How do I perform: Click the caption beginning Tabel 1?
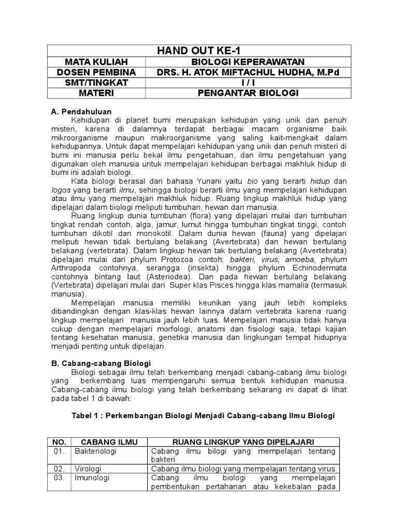[203, 416]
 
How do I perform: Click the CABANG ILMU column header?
[107, 441]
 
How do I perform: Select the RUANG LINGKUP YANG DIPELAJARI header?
[244, 441]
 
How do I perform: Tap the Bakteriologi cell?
[96, 451]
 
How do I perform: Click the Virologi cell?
[89, 469]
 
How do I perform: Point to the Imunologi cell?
[92, 478]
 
